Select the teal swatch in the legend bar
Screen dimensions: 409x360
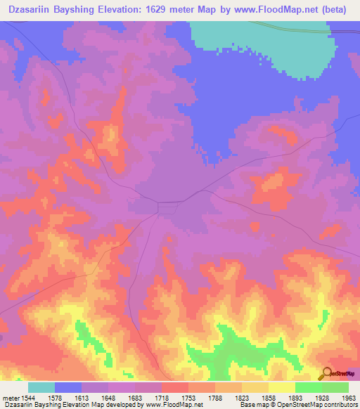[x=41, y=387]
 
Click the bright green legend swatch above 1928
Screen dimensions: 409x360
[x=309, y=387]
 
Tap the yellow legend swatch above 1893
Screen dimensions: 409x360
[x=282, y=387]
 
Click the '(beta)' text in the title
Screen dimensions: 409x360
[x=335, y=9]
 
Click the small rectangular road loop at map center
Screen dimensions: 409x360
[x=167, y=207]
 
